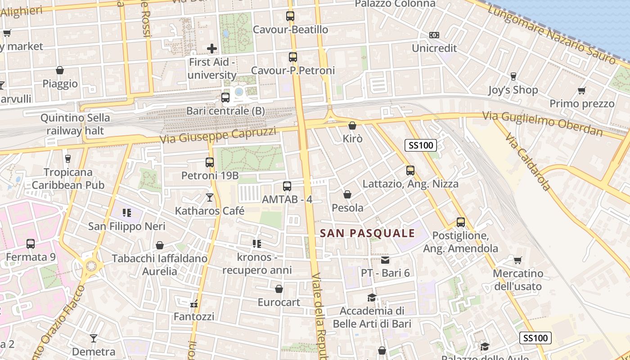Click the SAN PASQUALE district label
tap(367, 233)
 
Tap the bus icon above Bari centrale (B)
tap(225, 97)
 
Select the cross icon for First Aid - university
tap(212, 48)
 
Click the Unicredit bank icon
tap(434, 35)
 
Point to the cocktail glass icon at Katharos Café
tap(210, 197)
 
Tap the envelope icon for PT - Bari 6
tap(385, 260)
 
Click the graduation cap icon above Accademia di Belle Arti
tap(372, 297)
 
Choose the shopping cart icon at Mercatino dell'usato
tap(518, 260)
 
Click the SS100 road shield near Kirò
tap(421, 145)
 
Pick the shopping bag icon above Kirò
tap(352, 126)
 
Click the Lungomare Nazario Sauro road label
tap(552, 34)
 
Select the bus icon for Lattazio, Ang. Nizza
tap(410, 171)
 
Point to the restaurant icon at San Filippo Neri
tap(126, 212)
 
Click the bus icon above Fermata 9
tap(31, 244)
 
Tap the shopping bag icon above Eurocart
tap(279, 289)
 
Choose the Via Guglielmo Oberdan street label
tap(542, 123)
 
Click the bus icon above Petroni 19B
tap(210, 162)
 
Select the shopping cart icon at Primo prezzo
tap(582, 90)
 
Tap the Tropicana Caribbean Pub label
tap(68, 178)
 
